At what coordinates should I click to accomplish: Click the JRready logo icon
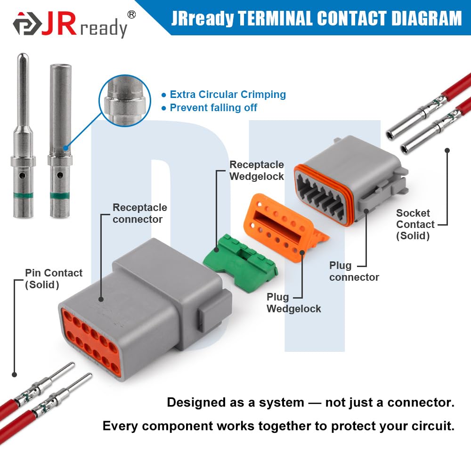27,24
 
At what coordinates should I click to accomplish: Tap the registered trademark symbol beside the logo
131,15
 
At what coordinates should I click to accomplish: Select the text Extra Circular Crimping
227,94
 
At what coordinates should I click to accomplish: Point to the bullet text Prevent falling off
213,107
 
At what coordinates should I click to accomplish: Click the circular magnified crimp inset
125,101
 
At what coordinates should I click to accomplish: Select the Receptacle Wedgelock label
257,171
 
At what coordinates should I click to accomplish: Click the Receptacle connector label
140,213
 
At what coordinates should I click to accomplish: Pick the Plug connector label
354,271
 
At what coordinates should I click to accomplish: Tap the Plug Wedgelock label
294,303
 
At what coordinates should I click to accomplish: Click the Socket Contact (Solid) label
415,224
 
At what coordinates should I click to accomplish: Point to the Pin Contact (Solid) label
54,279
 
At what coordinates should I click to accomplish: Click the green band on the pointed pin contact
23,195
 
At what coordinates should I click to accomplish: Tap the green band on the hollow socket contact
60,196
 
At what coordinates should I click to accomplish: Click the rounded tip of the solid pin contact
23,57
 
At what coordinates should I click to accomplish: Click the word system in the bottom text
282,403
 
